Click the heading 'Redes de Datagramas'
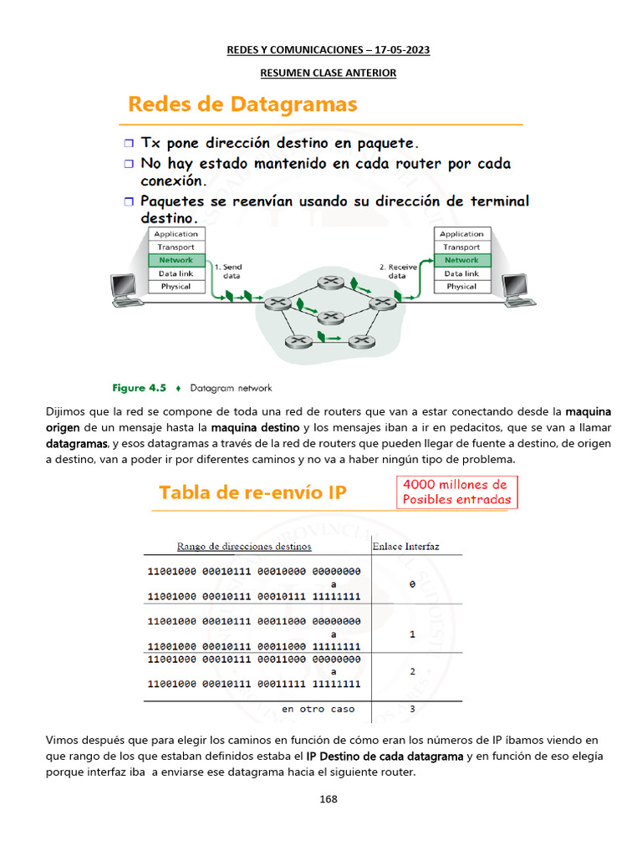(242, 104)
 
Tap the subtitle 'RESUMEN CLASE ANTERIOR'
(328, 74)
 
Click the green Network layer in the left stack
(176, 260)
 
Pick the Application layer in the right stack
(461, 234)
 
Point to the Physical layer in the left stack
(176, 287)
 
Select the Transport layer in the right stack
(461, 247)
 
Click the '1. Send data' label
(227, 271)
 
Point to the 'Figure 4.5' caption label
(140, 388)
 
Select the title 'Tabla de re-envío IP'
(253, 495)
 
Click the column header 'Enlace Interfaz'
(405, 547)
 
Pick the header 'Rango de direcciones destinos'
(244, 547)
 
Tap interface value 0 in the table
(412, 585)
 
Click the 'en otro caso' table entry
(318, 709)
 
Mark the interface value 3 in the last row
(412, 709)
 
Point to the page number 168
(329, 799)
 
